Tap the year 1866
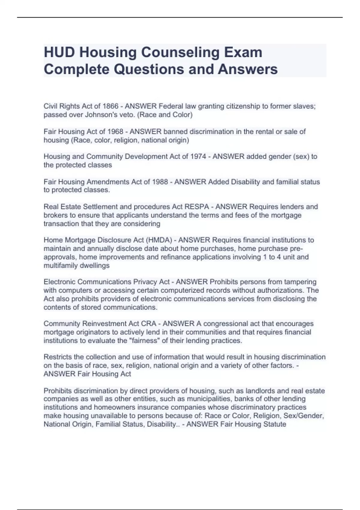pyautogui.click(x=110, y=106)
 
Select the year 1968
pyautogui.click(x=115, y=131)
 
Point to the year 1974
pyautogui.click(x=198, y=156)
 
